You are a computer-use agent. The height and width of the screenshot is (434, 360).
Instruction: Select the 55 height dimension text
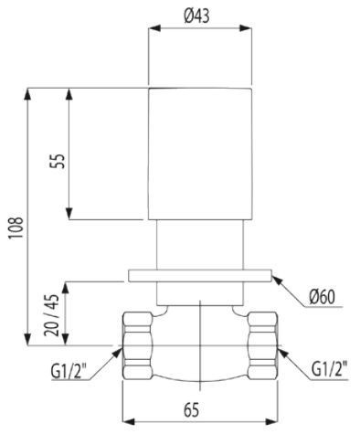tap(57, 161)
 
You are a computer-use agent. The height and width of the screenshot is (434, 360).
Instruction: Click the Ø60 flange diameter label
tap(324, 296)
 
